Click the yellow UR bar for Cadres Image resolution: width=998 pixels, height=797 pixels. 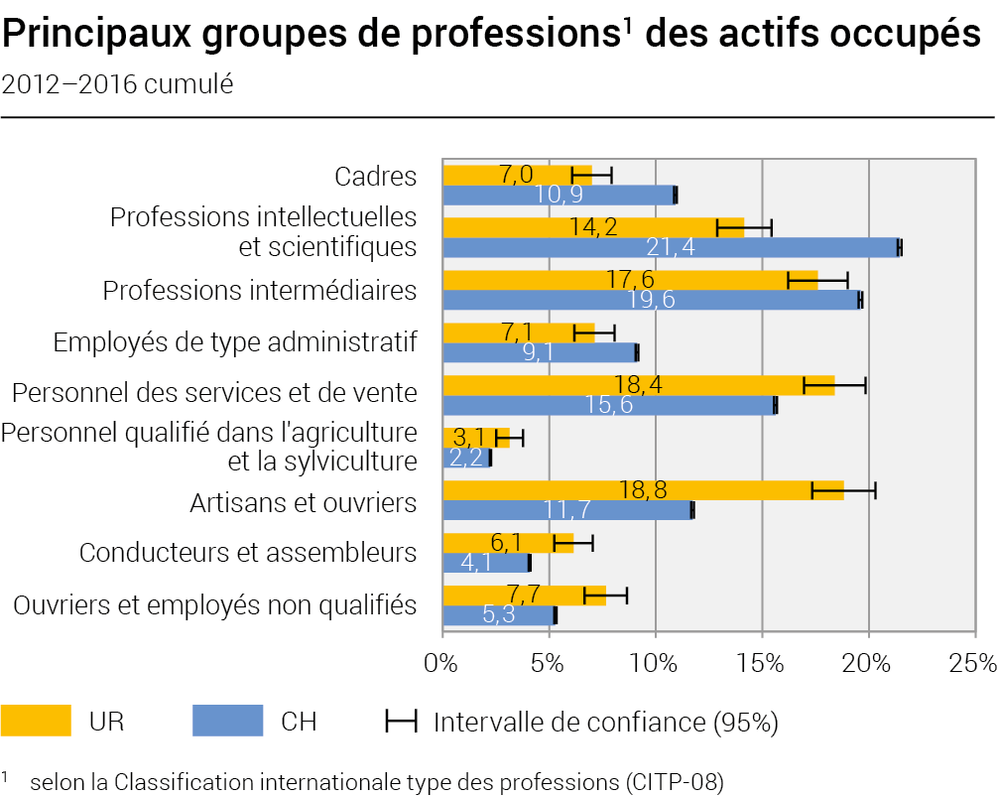pos(518,175)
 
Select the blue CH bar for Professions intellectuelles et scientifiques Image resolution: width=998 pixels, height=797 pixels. pos(672,247)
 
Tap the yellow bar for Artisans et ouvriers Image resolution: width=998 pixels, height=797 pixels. pos(644,490)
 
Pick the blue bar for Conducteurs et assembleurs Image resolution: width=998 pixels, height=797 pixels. pos(486,563)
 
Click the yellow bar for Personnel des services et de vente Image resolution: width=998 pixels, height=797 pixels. pos(639,385)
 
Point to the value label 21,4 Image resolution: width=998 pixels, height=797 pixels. pos(671,247)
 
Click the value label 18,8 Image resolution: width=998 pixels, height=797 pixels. pos(643,489)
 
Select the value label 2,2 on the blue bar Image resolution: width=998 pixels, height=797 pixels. pos(466,458)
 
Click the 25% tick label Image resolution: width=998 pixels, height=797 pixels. pos(973,663)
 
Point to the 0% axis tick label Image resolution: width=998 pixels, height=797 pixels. pos(441,663)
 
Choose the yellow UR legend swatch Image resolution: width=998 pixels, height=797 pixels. pos(36,721)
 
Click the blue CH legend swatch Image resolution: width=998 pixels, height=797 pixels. pos(228,721)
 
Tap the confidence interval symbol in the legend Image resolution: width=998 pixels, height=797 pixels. pos(401,722)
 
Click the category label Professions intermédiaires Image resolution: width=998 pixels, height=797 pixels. pos(260,290)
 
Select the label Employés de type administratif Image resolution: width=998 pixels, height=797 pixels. pos(235,342)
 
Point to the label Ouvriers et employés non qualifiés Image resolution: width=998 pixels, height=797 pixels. pos(215,604)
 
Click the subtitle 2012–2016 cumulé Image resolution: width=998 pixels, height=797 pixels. pos(118,84)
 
